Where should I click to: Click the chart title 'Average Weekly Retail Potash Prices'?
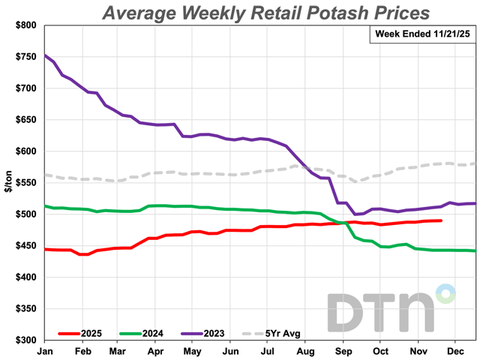265,13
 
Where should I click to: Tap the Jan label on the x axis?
45,350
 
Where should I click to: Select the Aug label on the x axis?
305,350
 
